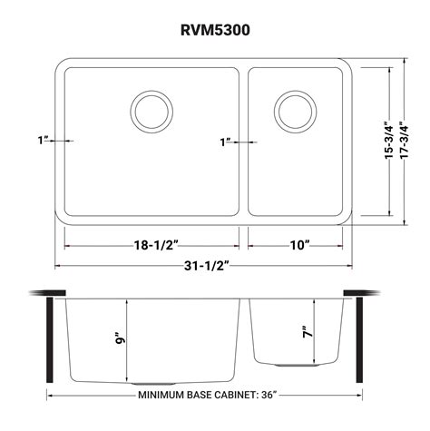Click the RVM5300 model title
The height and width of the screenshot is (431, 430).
pyautogui.click(x=215, y=28)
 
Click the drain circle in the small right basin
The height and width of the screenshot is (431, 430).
pyautogui.click(x=292, y=110)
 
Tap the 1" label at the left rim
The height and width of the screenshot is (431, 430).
pyautogui.click(x=44, y=142)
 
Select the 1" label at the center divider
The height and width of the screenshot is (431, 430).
pyautogui.click(x=226, y=142)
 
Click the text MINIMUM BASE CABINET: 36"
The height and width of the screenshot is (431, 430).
pyautogui.click(x=207, y=396)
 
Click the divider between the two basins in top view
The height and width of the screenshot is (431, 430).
pyautogui.click(x=244, y=141)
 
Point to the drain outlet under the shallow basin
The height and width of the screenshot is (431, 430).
pyautogui.click(x=292, y=362)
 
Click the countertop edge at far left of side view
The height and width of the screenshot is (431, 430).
pyautogui.click(x=38, y=292)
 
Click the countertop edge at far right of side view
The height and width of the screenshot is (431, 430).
pyautogui.click(x=372, y=292)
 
